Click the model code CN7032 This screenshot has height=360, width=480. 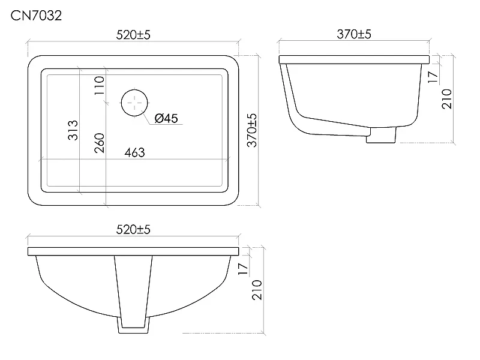[36, 16]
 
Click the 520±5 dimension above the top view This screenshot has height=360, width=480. [133, 35]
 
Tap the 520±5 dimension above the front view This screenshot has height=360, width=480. [133, 229]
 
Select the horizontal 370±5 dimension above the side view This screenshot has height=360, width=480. [354, 34]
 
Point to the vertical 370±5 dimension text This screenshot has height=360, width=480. [252, 130]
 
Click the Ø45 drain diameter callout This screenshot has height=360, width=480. [166, 118]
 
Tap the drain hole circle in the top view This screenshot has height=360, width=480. [134, 103]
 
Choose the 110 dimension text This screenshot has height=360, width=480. [99, 85]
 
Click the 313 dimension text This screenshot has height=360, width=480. [73, 130]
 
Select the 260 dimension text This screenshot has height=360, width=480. [99, 143]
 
